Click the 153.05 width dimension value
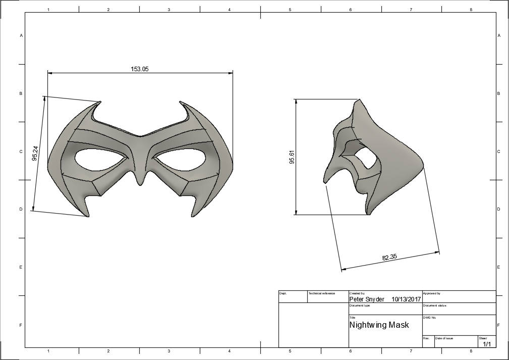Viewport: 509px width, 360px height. [x=140, y=69]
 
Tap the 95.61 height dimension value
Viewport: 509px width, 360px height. [x=291, y=157]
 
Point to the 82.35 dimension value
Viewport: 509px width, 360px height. [x=389, y=257]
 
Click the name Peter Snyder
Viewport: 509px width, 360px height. [x=367, y=299]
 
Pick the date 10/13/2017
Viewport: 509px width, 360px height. [x=406, y=299]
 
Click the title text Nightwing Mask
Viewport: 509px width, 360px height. [x=379, y=325]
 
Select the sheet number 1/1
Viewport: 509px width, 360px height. [x=487, y=344]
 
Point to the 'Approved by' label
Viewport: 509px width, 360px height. [x=431, y=293]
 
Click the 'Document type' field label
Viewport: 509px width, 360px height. [x=360, y=305]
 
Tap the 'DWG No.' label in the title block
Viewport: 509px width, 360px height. [x=429, y=318]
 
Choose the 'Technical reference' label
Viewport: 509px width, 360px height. [x=321, y=293]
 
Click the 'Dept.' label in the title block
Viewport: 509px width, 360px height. [x=283, y=293]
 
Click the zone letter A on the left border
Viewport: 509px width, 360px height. [x=21, y=35]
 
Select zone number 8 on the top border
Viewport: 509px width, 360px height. [x=471, y=10]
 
